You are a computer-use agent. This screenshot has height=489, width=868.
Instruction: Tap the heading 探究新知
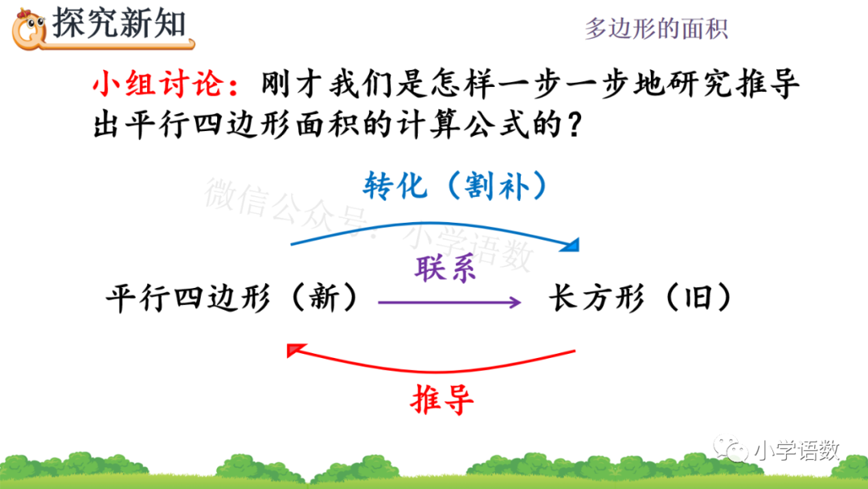point(118,23)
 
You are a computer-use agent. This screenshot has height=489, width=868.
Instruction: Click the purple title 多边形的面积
point(656,30)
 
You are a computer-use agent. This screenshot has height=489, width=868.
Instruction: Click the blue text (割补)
point(493,187)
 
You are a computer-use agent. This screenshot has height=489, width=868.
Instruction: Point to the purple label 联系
point(445,268)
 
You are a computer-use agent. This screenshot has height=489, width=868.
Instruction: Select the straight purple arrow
point(449,302)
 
